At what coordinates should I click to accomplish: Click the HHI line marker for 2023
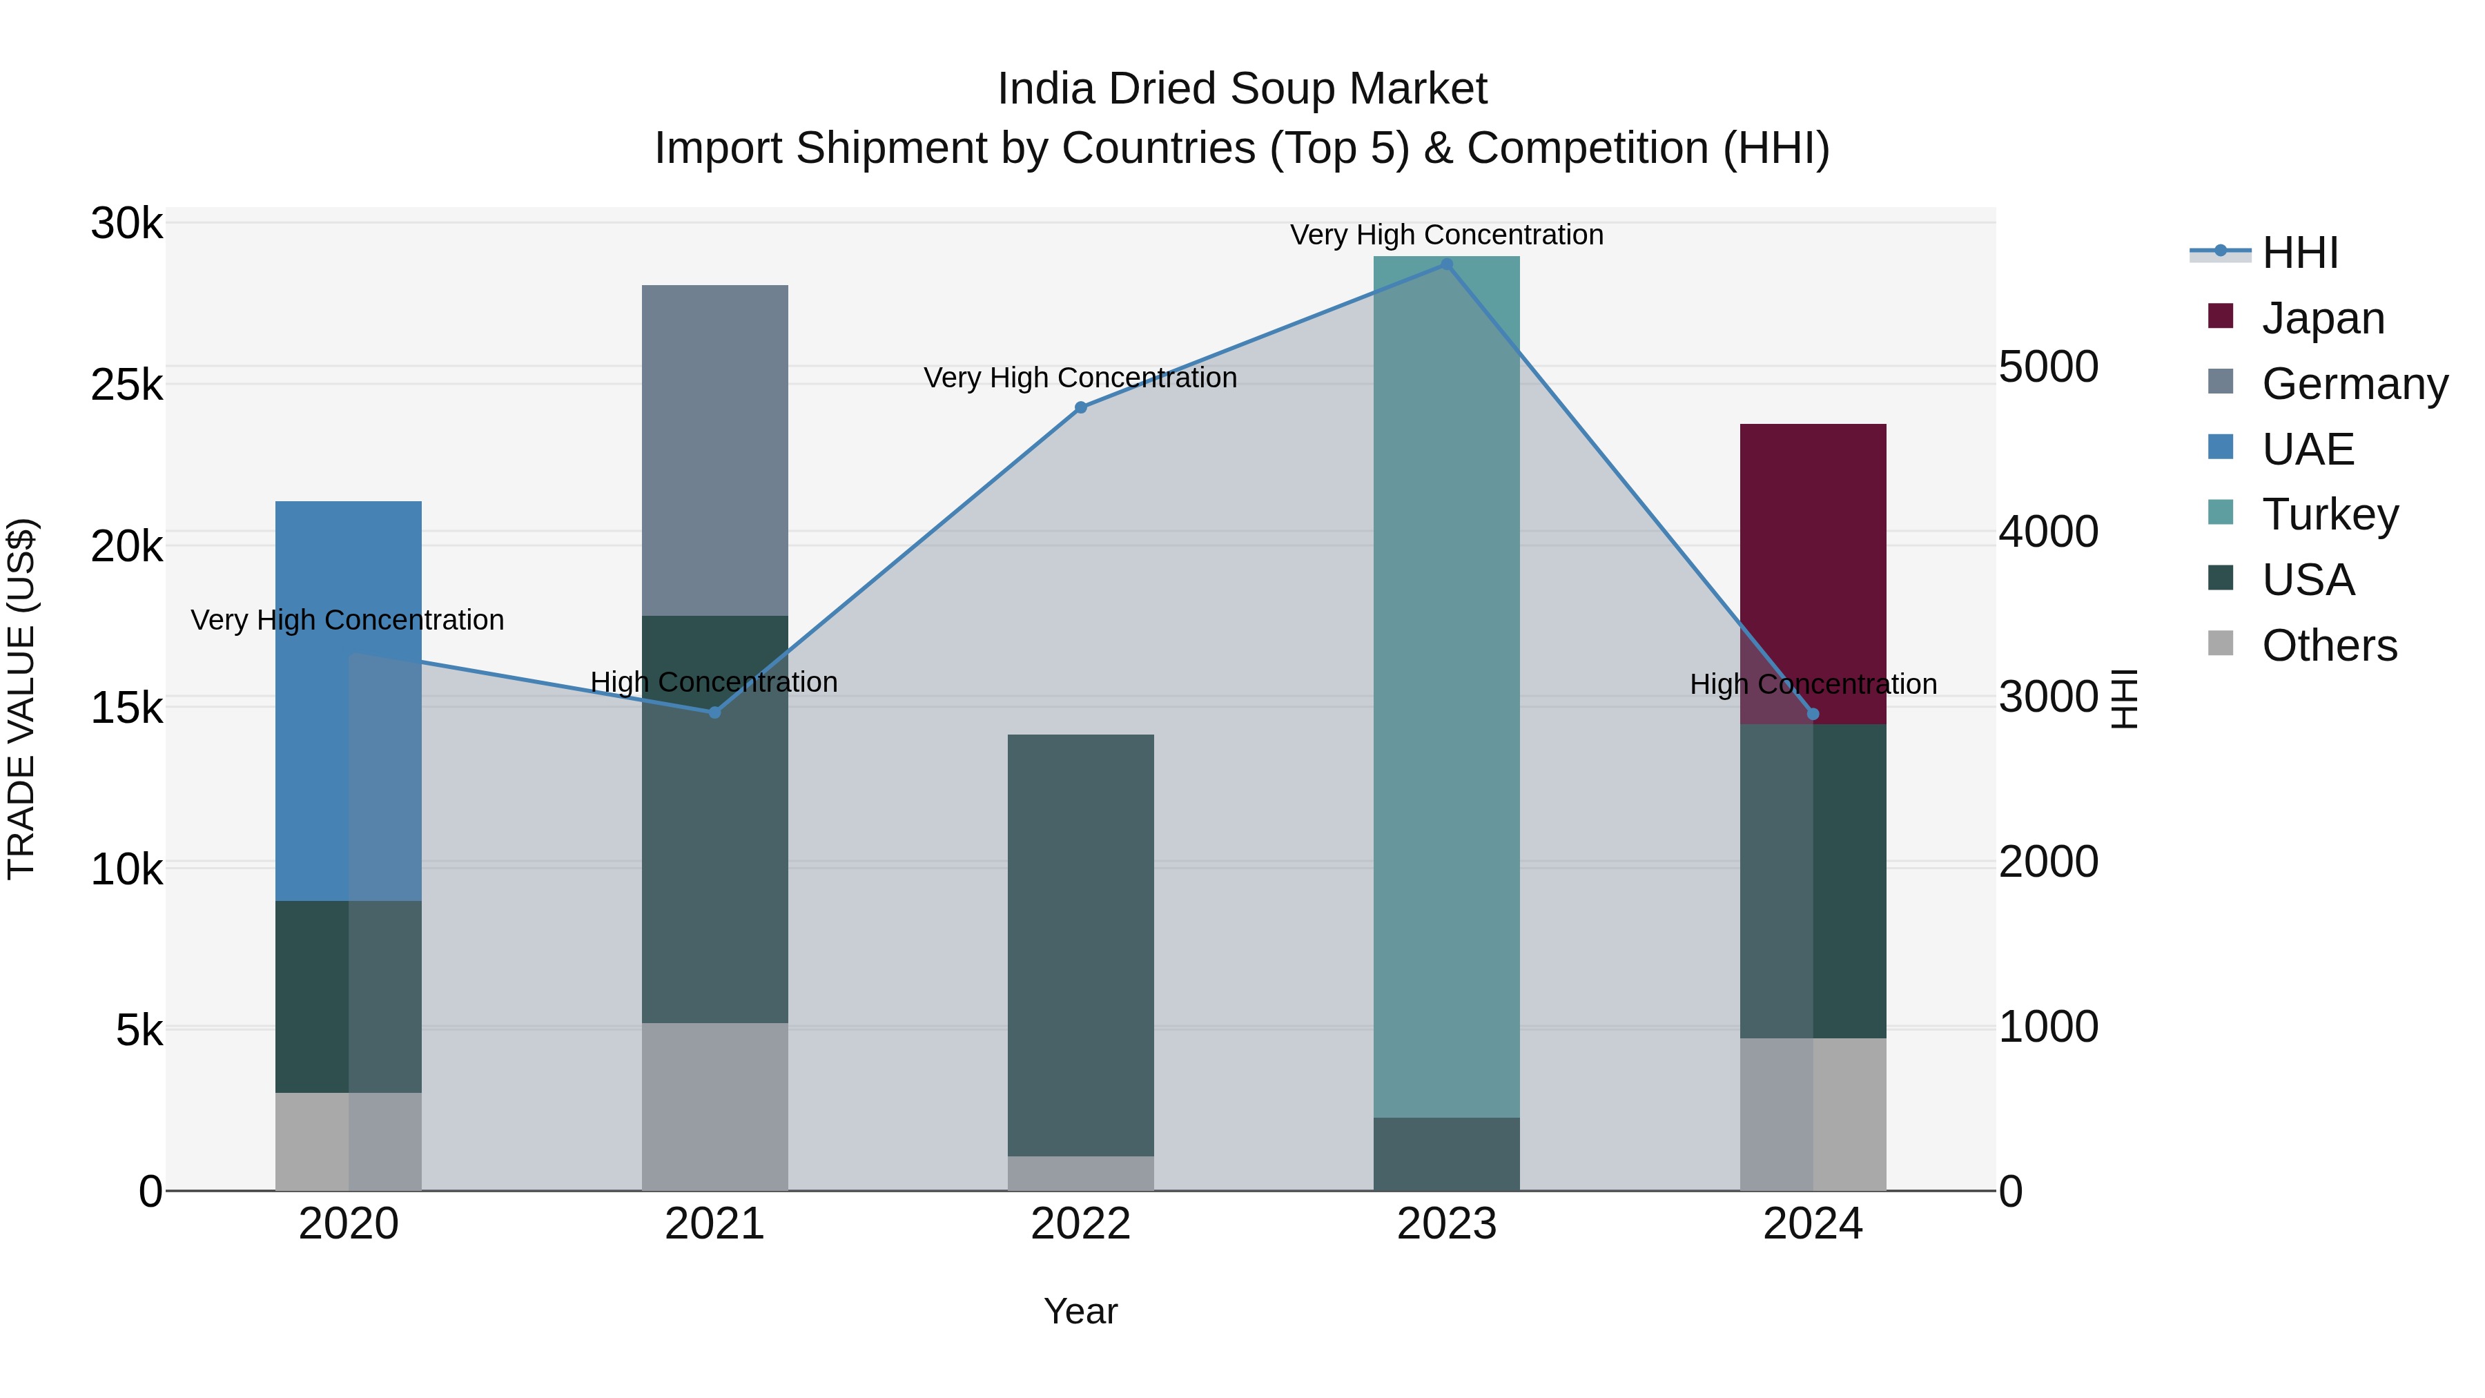[x=1446, y=264]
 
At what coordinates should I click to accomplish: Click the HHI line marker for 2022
[x=1080, y=408]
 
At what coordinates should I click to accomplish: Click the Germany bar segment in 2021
[x=715, y=449]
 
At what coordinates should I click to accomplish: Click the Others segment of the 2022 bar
[x=1080, y=1173]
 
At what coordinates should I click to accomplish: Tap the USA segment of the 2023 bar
[x=1446, y=1154]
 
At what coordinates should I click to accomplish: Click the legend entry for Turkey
[x=2329, y=514]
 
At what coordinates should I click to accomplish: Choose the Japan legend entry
[x=2322, y=318]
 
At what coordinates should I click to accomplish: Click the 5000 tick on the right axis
[x=2048, y=367]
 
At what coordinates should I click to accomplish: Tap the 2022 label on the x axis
[x=1080, y=1224]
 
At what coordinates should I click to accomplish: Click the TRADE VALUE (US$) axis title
[x=22, y=699]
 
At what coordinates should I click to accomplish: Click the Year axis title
[x=1080, y=1311]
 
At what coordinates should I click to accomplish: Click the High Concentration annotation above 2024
[x=1813, y=684]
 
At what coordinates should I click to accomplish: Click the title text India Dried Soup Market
[x=1242, y=89]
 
